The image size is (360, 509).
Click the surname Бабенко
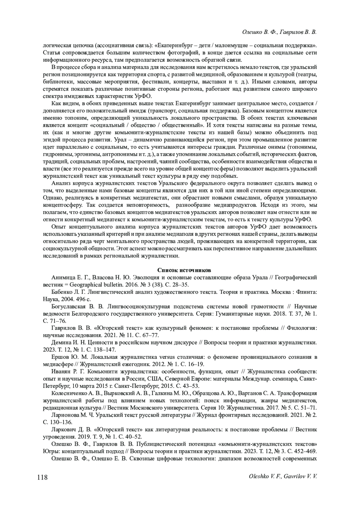[x=62, y=292]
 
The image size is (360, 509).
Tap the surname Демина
[x=61, y=343]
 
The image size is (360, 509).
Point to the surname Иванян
[x=61, y=371]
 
